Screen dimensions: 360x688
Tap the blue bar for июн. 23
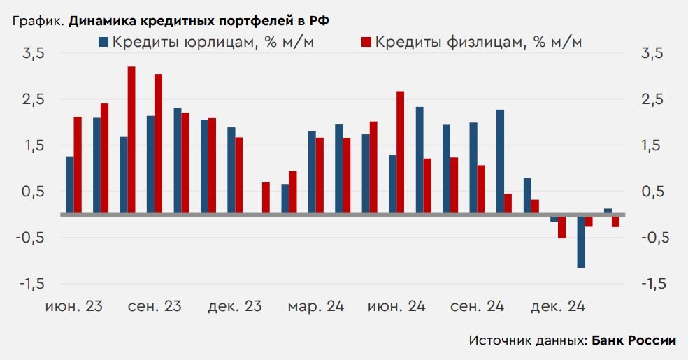(x=70, y=185)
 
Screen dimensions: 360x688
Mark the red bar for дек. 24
(x=561, y=228)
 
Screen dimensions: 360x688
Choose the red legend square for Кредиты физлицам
(x=365, y=42)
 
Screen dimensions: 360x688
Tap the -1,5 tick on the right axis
(x=653, y=284)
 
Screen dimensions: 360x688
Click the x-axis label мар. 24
(x=315, y=306)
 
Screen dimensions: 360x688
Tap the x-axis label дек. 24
(x=558, y=306)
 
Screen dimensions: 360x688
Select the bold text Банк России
(x=634, y=340)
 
